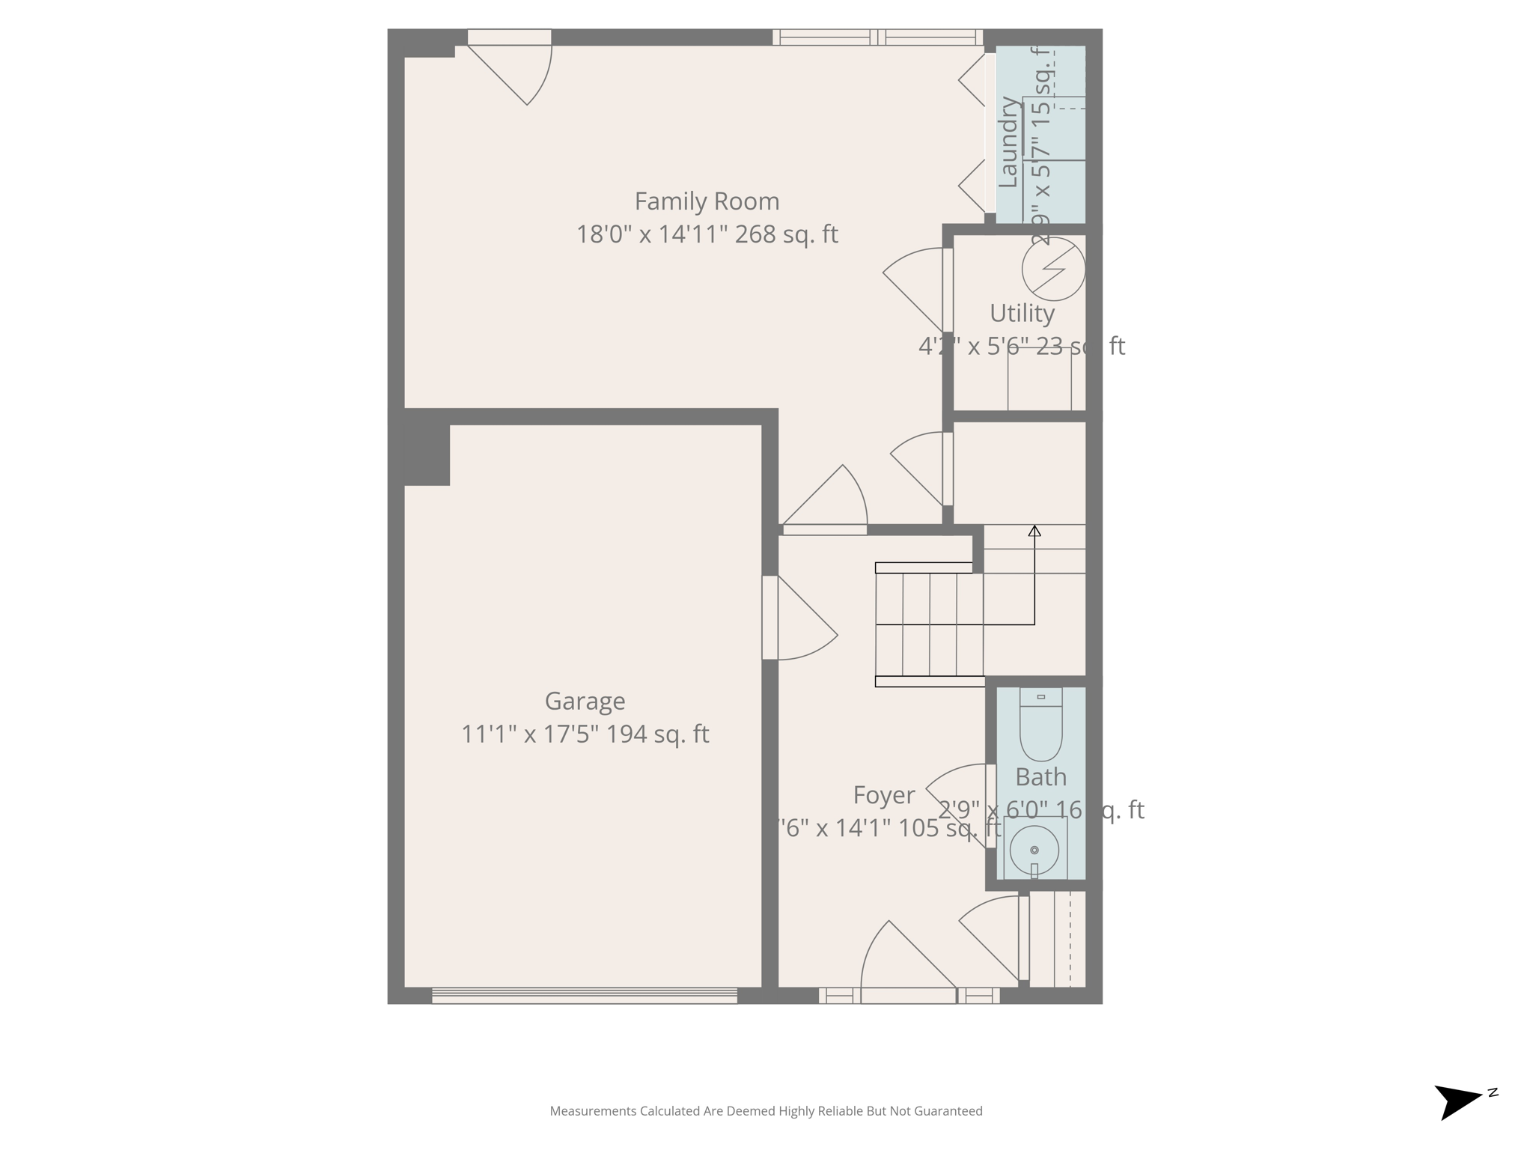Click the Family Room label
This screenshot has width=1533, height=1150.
click(x=707, y=201)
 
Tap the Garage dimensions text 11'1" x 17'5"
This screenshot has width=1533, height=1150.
click(x=529, y=734)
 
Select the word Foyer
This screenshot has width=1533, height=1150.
click(x=883, y=795)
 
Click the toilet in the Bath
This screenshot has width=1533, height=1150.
click(x=1040, y=725)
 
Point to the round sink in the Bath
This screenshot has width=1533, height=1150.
click(x=1034, y=850)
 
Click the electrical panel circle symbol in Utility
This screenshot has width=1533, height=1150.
click(x=1053, y=269)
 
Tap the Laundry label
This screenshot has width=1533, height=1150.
click(x=1009, y=142)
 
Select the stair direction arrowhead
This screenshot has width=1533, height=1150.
click(x=1034, y=531)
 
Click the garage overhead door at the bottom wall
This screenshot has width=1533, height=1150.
click(x=584, y=996)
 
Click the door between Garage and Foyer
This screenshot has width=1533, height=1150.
click(x=801, y=621)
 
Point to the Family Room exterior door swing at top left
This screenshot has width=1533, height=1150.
click(x=516, y=71)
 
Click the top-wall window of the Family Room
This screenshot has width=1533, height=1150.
click(x=877, y=37)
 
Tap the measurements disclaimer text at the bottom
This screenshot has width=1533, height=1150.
click(x=766, y=1111)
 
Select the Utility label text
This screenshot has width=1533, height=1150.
click(x=1022, y=313)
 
